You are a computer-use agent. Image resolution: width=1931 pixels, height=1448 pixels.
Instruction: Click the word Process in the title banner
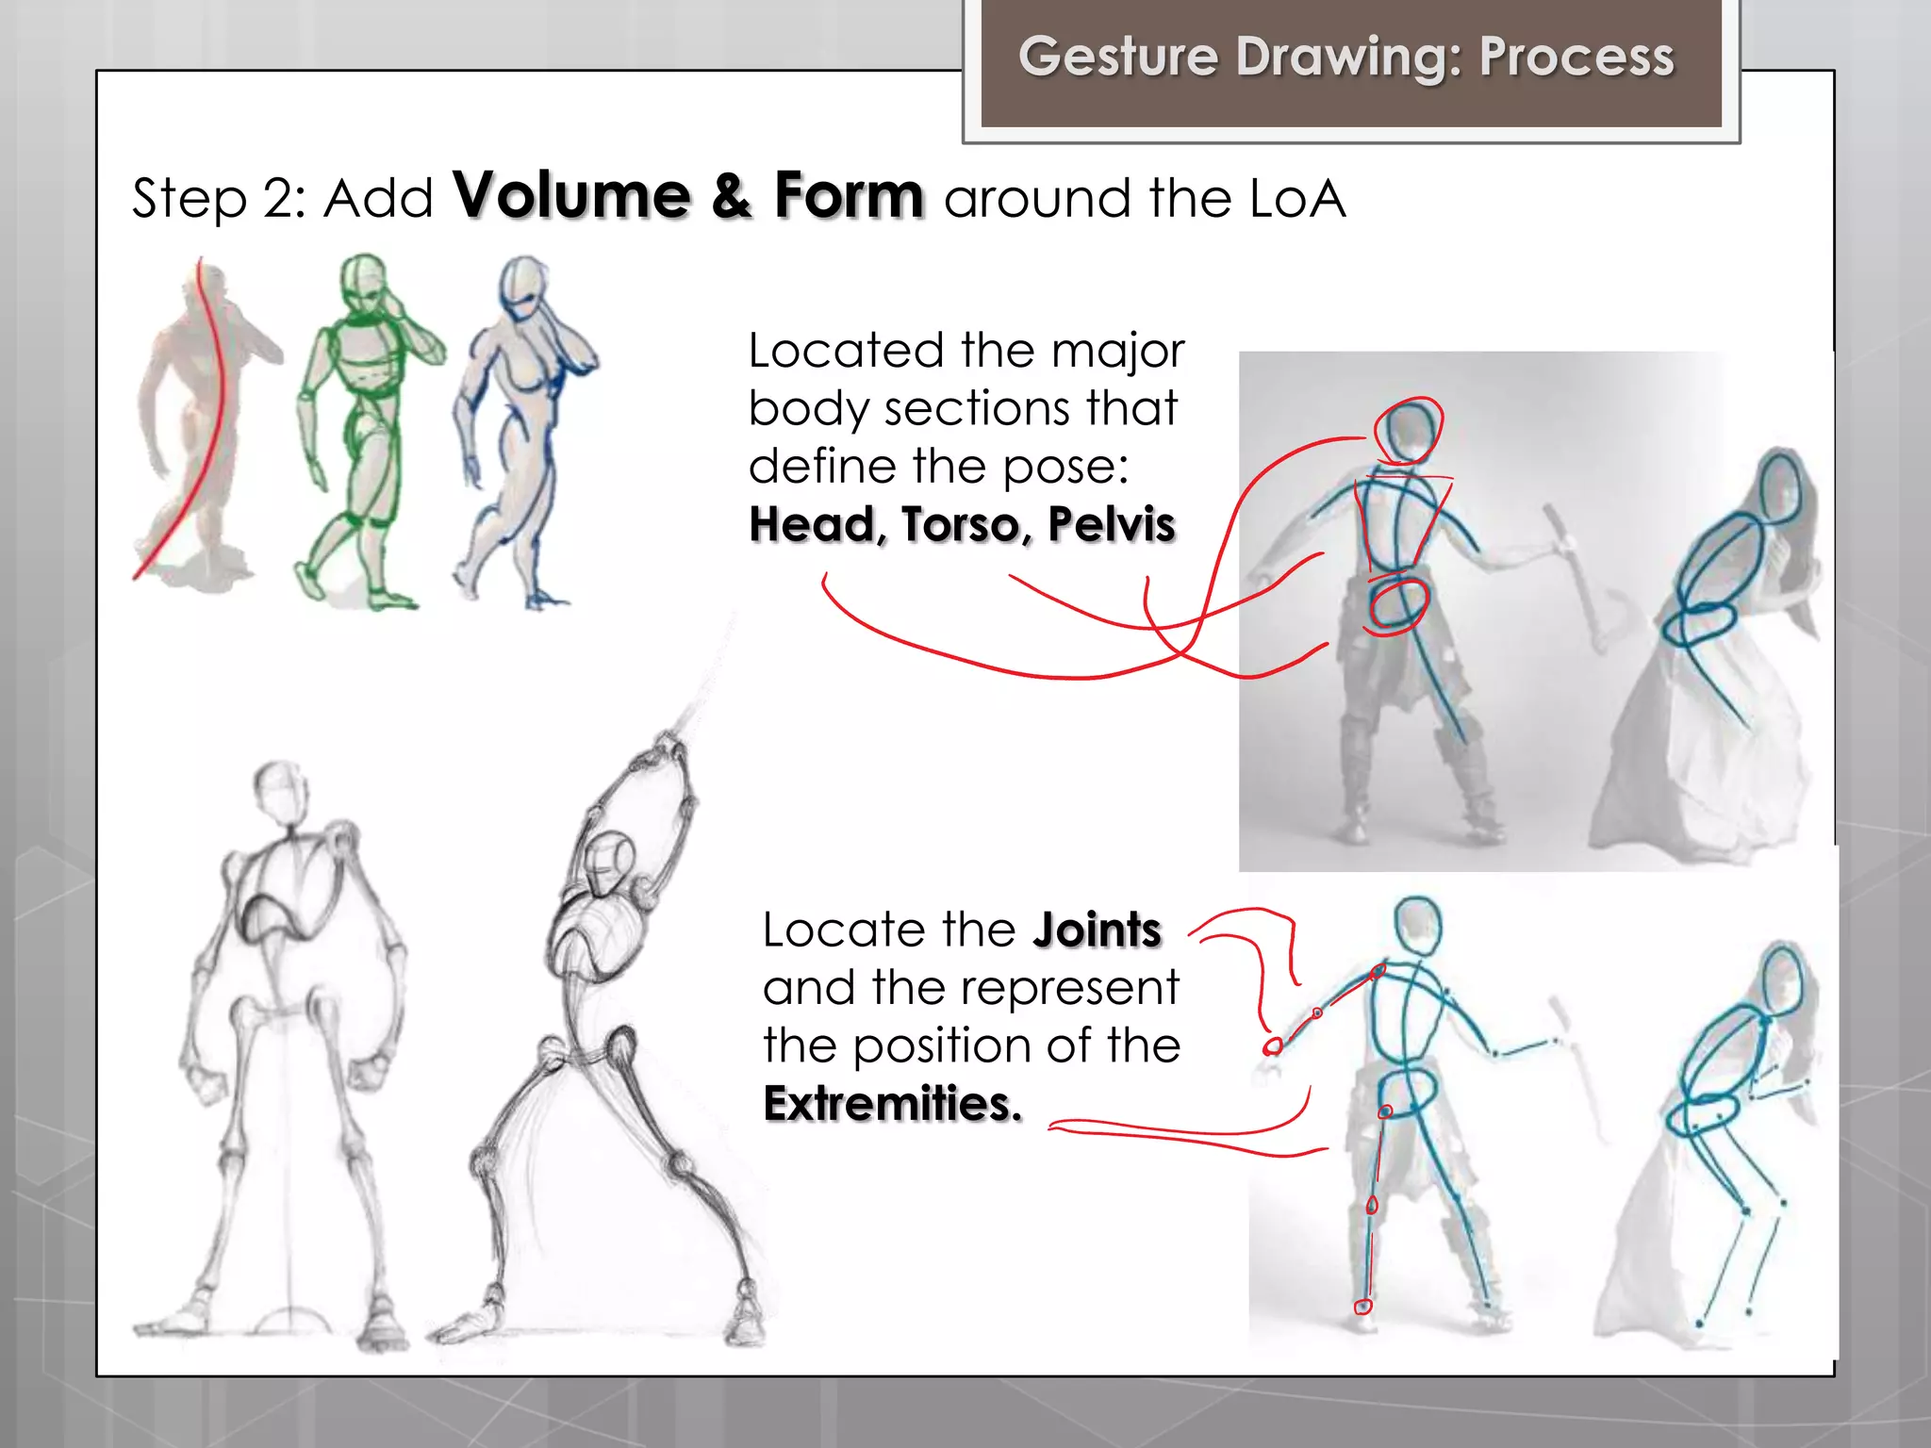tap(1576, 57)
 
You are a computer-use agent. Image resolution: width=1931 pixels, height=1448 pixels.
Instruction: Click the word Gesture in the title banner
tap(1119, 57)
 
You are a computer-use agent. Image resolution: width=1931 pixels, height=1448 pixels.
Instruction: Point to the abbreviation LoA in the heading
tap(1297, 199)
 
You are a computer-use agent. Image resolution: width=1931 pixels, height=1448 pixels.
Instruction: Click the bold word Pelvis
tap(1112, 524)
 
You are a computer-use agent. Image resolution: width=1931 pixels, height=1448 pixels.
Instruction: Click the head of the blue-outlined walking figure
tap(523, 287)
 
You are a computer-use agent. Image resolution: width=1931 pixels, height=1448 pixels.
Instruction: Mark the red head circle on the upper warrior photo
tap(1409, 430)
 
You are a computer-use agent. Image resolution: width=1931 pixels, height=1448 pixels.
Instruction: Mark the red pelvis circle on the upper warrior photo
tap(1398, 604)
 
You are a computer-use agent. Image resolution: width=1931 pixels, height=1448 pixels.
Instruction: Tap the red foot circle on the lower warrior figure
tap(1362, 1307)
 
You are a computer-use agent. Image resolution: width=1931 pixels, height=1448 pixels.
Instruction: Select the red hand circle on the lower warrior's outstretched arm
tap(1273, 1045)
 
